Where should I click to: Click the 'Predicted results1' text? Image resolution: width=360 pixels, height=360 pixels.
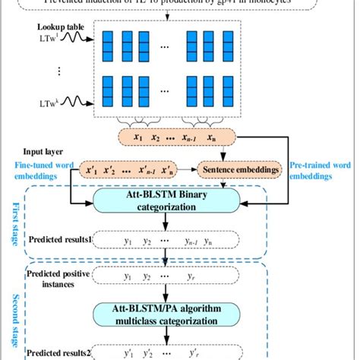[x=60, y=241]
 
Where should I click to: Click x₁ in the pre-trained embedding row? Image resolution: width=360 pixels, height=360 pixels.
[x=137, y=139]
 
